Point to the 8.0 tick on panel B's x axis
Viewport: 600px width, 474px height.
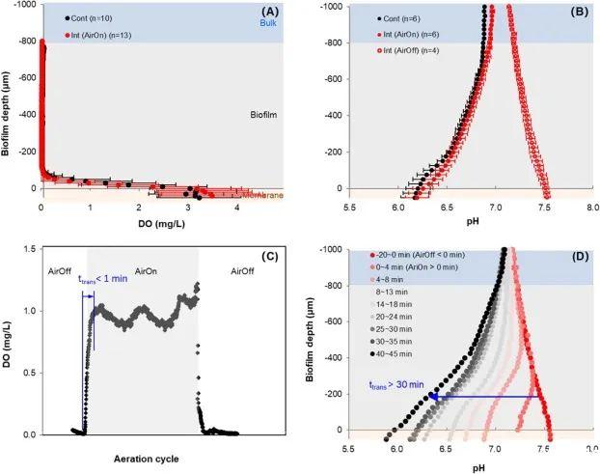tap(586, 207)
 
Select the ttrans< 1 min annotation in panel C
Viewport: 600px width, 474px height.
tap(102, 277)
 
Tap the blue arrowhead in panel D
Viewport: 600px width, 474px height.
tap(435, 396)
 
